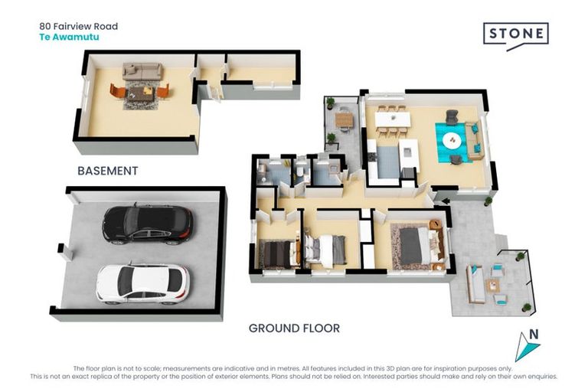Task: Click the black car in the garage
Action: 148,224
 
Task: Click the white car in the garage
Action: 143,283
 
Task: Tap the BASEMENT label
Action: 108,171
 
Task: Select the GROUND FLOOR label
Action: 294,328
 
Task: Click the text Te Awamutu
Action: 70,37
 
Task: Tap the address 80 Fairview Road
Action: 79,26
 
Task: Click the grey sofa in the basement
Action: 142,71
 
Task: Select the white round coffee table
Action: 452,141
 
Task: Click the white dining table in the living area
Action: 393,119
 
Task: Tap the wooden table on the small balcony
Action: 344,119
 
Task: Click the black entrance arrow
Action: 446,201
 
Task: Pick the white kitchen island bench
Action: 408,153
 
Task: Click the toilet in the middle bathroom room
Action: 301,172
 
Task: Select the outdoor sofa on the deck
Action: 475,283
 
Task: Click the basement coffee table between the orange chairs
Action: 140,94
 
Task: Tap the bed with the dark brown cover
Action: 279,254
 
